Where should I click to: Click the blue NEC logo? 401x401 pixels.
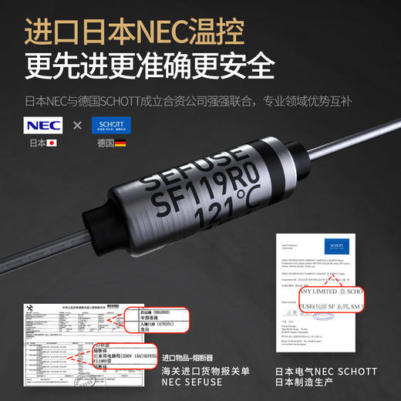pos(44,126)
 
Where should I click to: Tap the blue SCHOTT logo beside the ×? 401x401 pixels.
pos(111,126)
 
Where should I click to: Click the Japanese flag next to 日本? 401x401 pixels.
pos(52,143)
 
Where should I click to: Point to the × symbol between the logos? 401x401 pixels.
pos(77,126)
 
